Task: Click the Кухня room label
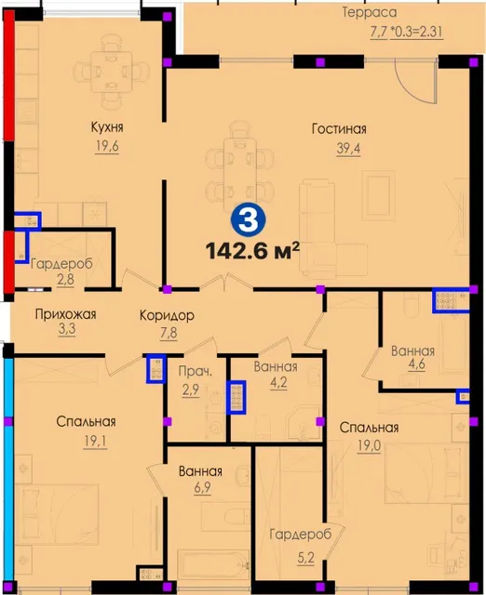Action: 107,127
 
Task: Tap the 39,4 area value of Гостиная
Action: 348,149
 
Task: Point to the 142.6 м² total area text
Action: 252,251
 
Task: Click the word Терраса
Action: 370,12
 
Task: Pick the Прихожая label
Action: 65,314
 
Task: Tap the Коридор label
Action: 167,315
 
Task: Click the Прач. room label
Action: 196,371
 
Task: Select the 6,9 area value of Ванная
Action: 203,487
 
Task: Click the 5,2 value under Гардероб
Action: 306,558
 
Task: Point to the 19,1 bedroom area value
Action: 95,441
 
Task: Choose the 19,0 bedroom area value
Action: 369,445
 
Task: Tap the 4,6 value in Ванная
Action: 416,364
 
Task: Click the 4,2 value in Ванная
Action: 278,382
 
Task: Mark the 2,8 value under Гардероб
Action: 65,280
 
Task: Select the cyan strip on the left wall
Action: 9,469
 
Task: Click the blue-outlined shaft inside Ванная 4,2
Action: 236,397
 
